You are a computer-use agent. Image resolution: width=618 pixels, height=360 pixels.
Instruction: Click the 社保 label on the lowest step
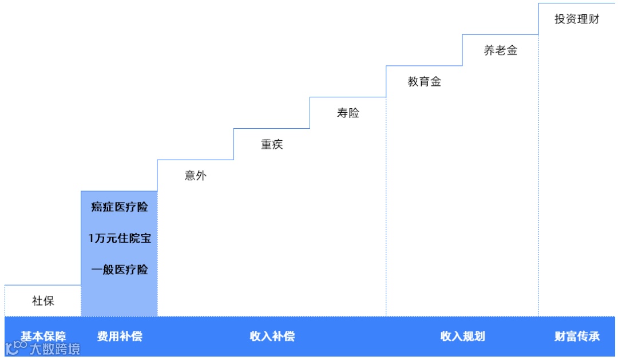click(x=43, y=301)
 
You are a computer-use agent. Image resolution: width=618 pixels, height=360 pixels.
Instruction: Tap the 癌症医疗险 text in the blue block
click(x=119, y=207)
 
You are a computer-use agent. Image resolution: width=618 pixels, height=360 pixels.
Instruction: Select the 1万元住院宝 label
click(x=119, y=239)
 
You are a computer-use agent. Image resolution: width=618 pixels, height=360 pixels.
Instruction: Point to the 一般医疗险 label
click(x=119, y=270)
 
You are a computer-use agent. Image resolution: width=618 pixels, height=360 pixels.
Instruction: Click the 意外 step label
click(x=196, y=176)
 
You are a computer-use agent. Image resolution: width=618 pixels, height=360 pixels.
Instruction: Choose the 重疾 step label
click(x=272, y=145)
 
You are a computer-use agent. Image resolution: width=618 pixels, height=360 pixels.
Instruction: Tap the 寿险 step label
click(x=348, y=113)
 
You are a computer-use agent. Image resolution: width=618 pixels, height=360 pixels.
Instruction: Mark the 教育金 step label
click(x=424, y=82)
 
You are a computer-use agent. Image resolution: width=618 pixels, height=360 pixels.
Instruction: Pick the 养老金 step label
click(x=500, y=50)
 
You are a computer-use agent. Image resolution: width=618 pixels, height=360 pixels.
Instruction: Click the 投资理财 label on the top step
click(x=577, y=19)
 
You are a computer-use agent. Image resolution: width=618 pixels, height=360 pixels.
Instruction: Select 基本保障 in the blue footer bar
click(x=43, y=335)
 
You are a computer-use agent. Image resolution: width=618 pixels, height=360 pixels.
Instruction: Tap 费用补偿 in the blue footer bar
click(x=119, y=336)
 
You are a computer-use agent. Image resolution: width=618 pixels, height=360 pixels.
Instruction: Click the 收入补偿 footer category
click(x=272, y=336)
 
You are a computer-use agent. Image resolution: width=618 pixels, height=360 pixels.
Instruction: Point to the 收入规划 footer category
click(x=462, y=336)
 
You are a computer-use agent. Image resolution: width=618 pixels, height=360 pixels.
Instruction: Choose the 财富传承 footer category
click(x=577, y=336)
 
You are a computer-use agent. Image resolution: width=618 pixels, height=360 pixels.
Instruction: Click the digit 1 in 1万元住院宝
click(x=91, y=239)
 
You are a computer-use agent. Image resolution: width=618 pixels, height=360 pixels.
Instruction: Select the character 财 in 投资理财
click(x=594, y=19)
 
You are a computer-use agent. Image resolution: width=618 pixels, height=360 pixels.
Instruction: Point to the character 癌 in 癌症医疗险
click(x=97, y=207)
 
